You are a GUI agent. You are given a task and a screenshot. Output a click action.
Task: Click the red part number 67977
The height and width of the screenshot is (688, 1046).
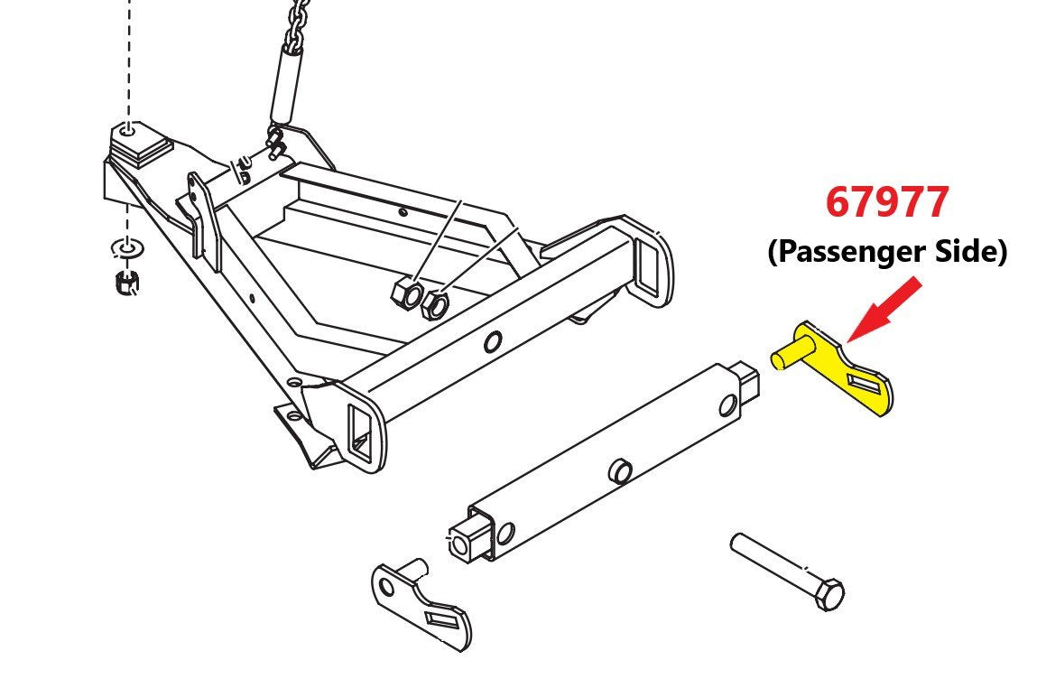(x=886, y=201)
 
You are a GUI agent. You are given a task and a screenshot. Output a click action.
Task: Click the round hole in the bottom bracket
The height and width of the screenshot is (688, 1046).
(x=386, y=587)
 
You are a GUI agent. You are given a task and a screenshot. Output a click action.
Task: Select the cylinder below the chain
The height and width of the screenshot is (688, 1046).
(x=285, y=83)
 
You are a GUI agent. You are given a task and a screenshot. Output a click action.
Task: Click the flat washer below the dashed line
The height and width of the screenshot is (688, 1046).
(x=126, y=249)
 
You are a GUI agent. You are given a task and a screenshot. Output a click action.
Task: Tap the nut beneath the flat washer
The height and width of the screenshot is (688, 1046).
(x=126, y=283)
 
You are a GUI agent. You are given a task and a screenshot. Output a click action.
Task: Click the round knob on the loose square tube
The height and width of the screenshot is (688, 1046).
(x=620, y=470)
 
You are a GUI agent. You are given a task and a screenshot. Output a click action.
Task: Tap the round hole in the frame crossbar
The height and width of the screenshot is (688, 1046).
(x=492, y=341)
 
